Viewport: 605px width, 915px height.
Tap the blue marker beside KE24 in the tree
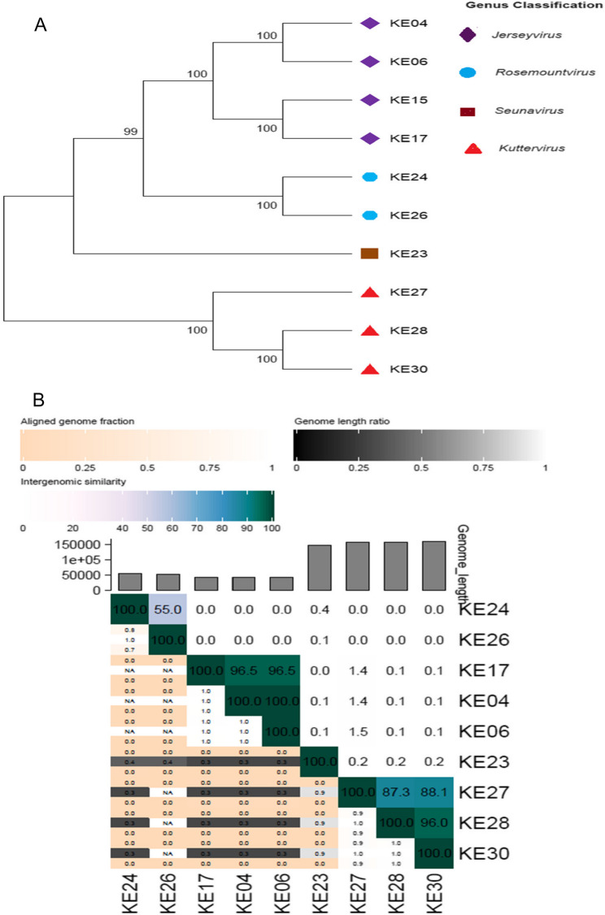click(370, 176)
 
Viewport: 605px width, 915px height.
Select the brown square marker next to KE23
click(370, 254)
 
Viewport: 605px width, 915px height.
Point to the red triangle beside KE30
click(370, 370)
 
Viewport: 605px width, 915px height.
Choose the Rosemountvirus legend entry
click(526, 72)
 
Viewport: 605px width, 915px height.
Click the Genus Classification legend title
click(528, 6)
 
